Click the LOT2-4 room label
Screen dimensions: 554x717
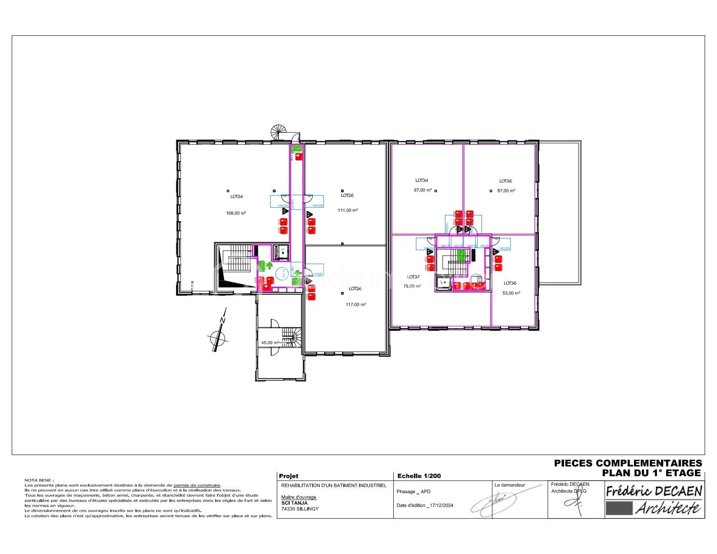236,196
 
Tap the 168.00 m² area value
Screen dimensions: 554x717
236,213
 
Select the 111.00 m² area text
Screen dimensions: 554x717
348,210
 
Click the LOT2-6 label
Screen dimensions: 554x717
355,289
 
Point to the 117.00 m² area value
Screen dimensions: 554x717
355,305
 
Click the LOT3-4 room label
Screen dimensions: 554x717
422,180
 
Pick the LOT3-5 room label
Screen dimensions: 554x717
505,181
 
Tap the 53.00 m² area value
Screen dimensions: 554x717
511,293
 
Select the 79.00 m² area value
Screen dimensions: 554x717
412,286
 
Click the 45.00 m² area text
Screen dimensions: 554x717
270,343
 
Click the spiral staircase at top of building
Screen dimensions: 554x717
278,132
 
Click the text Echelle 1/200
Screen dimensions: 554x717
419,476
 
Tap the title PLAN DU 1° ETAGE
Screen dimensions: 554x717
651,473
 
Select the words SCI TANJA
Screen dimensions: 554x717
294,503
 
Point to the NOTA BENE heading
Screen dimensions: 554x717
39,480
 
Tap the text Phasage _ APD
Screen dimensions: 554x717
413,491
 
